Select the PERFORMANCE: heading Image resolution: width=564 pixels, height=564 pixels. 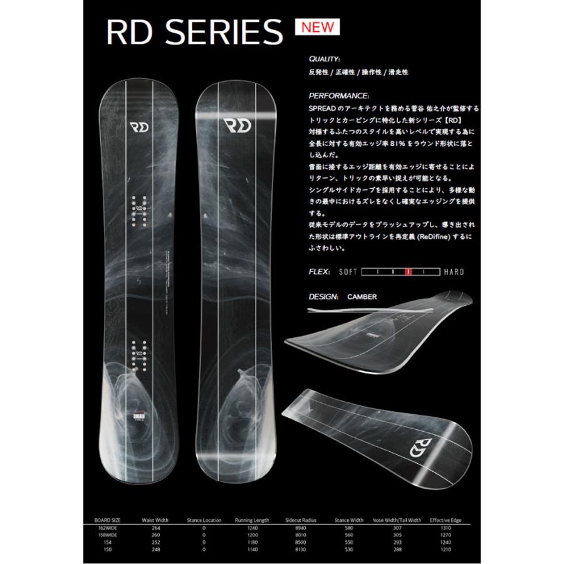tap(338, 97)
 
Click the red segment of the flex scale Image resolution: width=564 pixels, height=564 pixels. tap(409, 272)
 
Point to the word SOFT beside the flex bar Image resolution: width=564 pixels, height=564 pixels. tap(348, 272)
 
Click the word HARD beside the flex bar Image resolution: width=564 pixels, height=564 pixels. tap(454, 272)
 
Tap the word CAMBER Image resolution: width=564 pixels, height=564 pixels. tap(362, 296)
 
